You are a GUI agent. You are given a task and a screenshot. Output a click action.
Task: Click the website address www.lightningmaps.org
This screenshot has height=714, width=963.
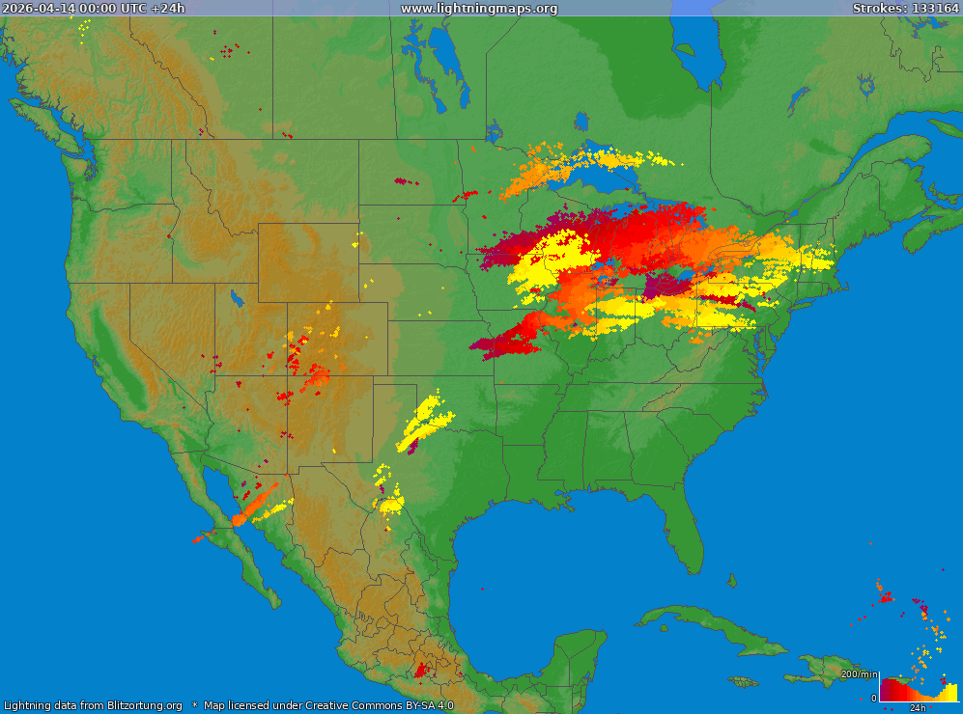click(x=479, y=9)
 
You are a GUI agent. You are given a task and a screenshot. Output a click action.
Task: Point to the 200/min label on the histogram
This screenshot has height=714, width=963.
click(x=860, y=674)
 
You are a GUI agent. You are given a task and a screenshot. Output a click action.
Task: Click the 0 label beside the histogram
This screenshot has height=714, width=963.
click(x=873, y=698)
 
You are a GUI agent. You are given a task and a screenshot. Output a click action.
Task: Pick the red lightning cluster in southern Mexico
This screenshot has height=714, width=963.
click(x=421, y=668)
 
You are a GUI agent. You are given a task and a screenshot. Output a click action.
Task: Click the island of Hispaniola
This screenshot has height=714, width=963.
click(x=826, y=666)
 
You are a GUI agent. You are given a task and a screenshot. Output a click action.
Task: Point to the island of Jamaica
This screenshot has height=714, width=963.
click(x=744, y=681)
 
